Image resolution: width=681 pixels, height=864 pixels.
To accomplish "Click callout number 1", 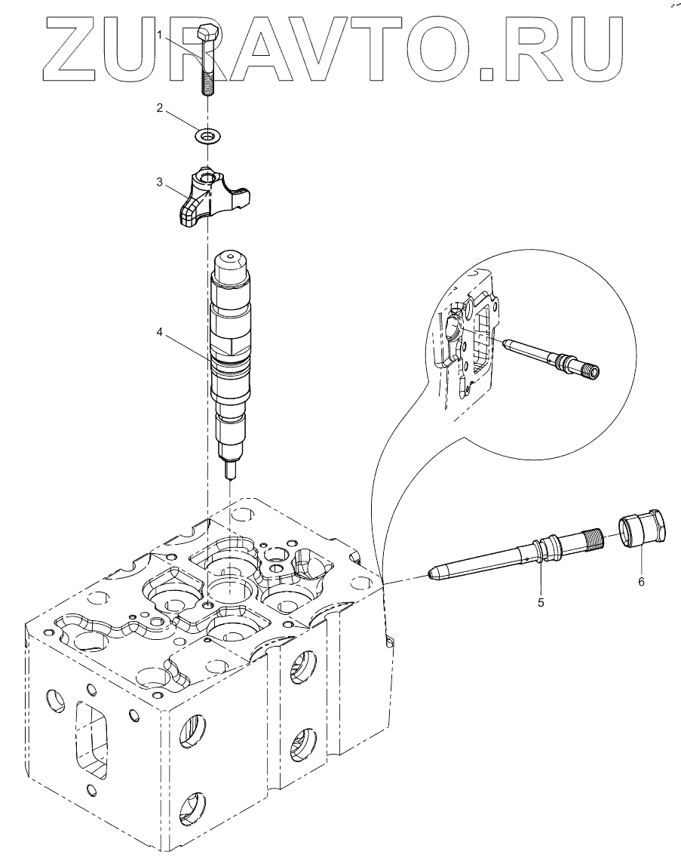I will click(160, 35).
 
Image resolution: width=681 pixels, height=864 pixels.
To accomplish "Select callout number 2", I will click(160, 108).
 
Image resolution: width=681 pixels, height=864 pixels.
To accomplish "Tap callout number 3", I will click(160, 181).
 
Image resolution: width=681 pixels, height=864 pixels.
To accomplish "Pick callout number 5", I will click(541, 602).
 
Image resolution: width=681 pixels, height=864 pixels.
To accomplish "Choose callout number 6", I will click(641, 582).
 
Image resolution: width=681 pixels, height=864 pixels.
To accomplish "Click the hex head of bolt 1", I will click(208, 34).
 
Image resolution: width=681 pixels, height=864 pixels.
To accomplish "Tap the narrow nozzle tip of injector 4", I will click(231, 469).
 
